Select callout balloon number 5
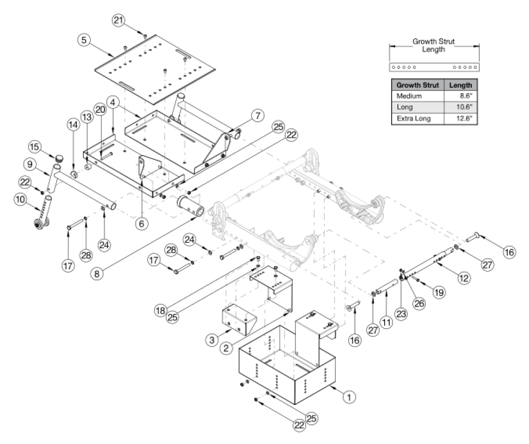tap(83, 39)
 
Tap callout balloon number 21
tap(118, 21)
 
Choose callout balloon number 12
tap(464, 277)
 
